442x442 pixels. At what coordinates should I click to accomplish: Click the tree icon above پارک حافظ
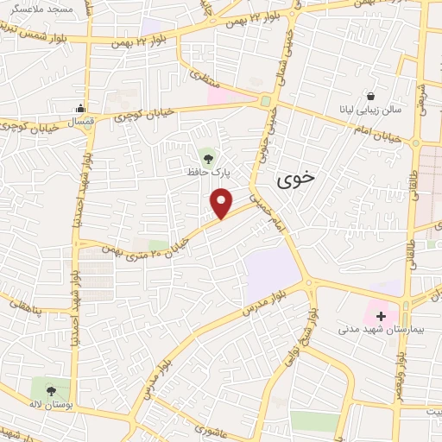tap(206, 157)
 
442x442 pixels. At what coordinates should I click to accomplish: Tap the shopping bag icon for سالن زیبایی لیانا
tap(370, 96)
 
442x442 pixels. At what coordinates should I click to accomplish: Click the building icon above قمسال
tap(80, 109)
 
